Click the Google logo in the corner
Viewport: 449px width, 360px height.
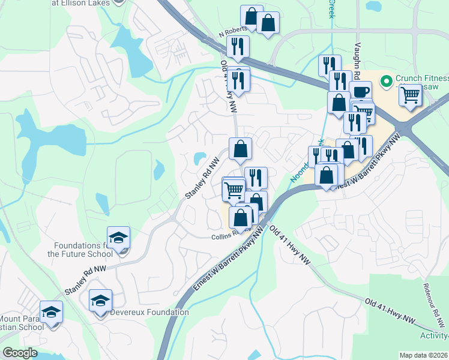pos(20,353)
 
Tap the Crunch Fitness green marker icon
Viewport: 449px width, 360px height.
pos(388,79)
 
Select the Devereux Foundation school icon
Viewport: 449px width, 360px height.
pos(100,300)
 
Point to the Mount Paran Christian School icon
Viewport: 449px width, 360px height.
pos(51,312)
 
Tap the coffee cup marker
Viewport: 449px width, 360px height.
pos(360,92)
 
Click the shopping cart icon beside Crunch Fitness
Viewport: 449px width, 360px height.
pos(410,94)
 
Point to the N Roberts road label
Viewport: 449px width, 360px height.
pos(234,34)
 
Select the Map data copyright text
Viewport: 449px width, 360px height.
pos(423,355)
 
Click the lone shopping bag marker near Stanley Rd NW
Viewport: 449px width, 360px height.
pos(240,148)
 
